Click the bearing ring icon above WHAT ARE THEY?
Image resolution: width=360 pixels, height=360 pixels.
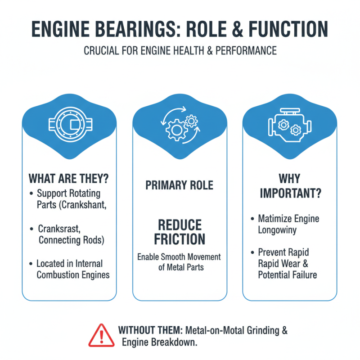[x=69, y=122]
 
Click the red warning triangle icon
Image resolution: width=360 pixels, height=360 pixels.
[x=101, y=336]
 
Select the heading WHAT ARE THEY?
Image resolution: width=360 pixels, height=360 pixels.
[x=69, y=178]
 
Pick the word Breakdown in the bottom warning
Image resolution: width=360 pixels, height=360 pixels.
[x=173, y=342]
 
